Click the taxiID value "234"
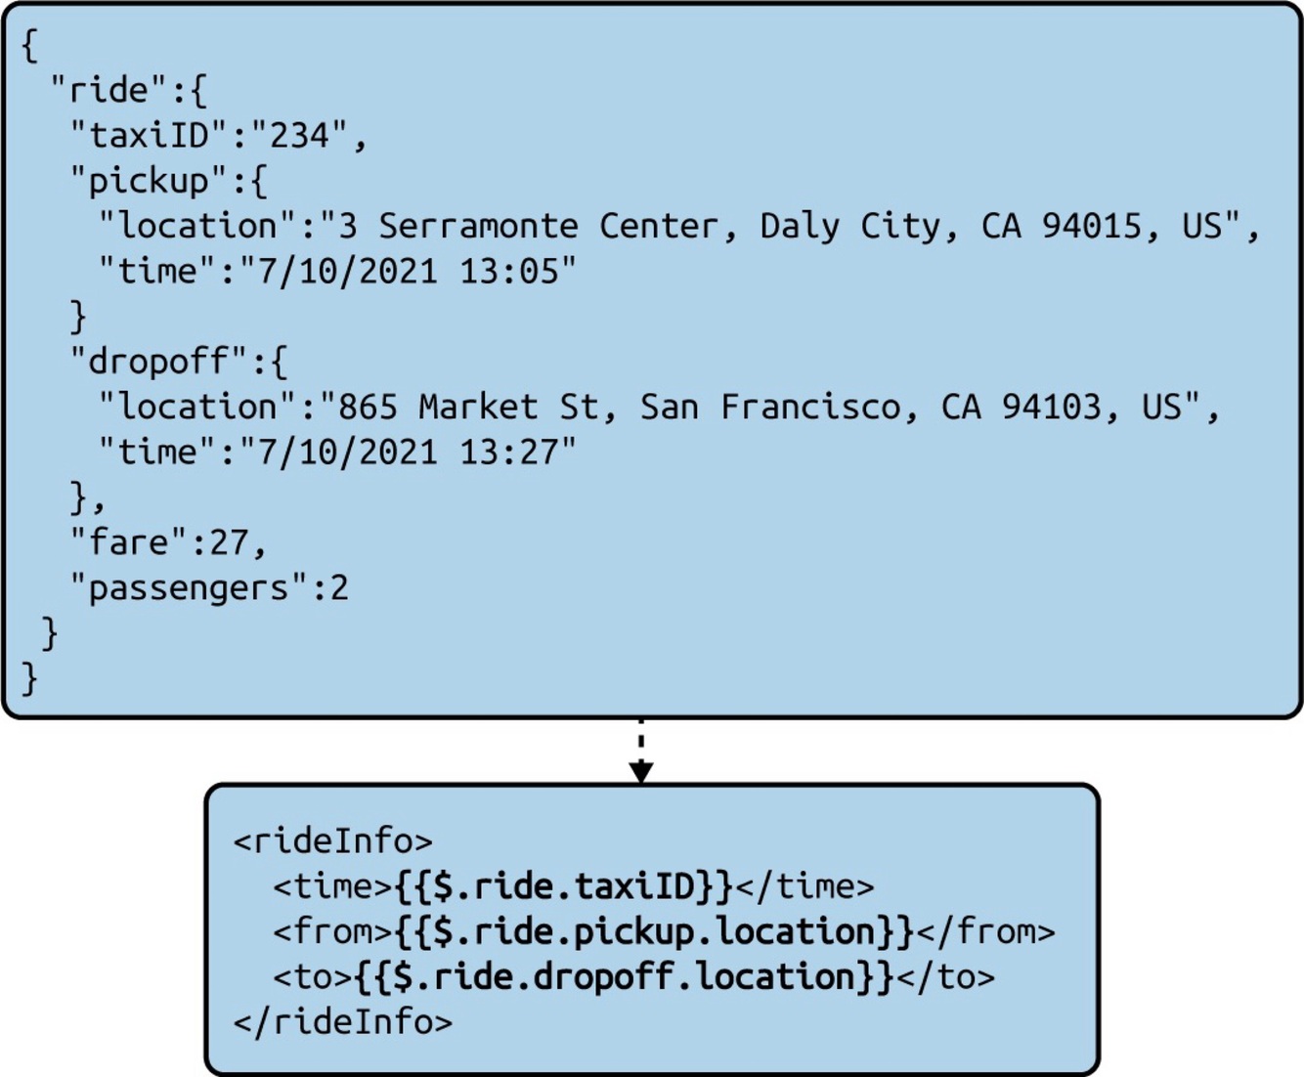point(299,135)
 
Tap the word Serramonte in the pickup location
point(478,226)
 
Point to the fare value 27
point(230,542)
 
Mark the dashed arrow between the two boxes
point(640,751)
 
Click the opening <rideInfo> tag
point(332,840)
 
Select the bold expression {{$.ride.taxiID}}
point(563,886)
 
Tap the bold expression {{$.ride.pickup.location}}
point(654,931)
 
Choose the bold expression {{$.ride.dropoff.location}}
point(624,976)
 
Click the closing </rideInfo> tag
point(342,1022)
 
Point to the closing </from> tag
point(985,931)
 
